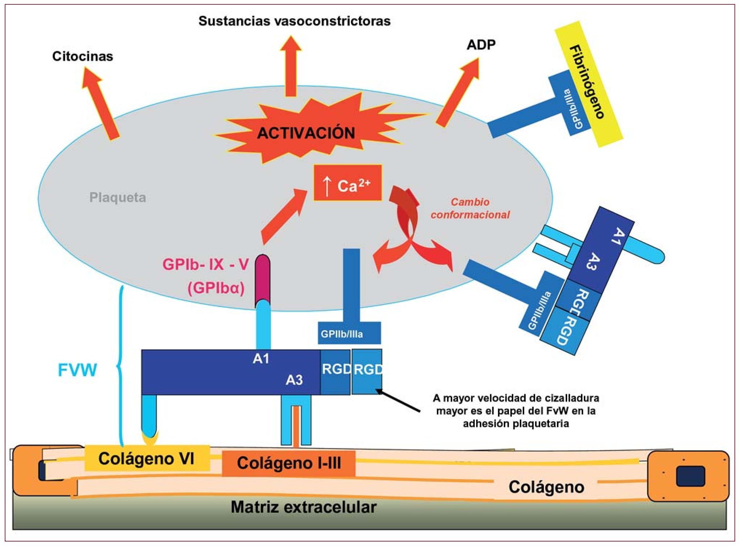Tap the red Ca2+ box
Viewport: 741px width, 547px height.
(x=347, y=183)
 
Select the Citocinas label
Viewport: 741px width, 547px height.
(x=83, y=56)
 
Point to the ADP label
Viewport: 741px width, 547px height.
(x=481, y=45)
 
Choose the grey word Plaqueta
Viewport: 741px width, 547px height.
(x=117, y=197)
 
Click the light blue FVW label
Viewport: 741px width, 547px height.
(x=77, y=370)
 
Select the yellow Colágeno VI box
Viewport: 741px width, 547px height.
(x=147, y=459)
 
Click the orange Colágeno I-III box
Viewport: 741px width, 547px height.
(x=289, y=463)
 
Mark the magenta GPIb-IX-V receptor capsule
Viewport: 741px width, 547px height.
(x=262, y=278)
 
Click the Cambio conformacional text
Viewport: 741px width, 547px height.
(x=470, y=208)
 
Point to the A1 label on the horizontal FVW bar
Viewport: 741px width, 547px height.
(x=261, y=359)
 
